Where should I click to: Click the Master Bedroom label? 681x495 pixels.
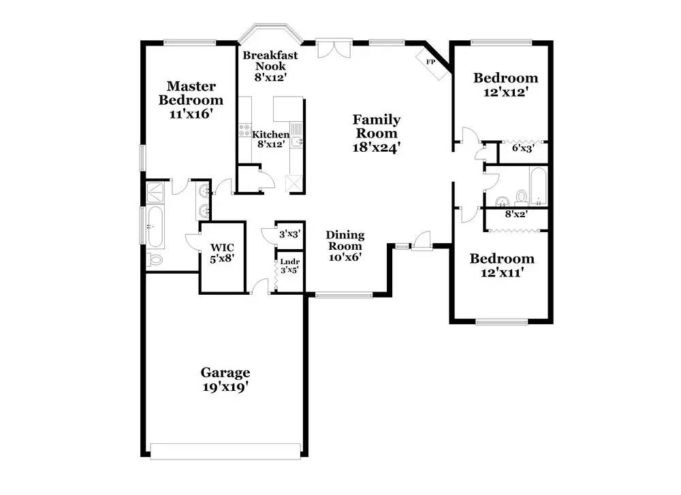(x=191, y=99)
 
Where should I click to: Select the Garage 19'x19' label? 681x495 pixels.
(x=225, y=379)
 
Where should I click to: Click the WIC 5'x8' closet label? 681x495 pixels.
(x=222, y=253)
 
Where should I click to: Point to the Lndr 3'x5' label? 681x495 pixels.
(x=289, y=266)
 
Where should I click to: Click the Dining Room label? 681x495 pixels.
(x=345, y=246)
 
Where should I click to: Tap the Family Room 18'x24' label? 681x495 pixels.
(x=376, y=133)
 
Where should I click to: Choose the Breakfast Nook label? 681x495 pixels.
(x=270, y=66)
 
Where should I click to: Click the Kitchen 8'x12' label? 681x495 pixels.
(x=270, y=139)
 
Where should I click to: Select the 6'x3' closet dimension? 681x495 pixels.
(x=523, y=148)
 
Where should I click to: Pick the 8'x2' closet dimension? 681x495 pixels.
(x=516, y=214)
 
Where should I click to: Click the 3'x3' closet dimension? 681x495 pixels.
(x=289, y=234)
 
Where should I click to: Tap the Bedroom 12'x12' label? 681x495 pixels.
(x=505, y=84)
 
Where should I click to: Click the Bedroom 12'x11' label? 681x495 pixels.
(x=502, y=266)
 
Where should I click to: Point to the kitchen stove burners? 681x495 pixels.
(x=245, y=131)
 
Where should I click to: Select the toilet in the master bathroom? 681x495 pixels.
(x=154, y=259)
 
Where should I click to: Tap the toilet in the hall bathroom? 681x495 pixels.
(x=521, y=197)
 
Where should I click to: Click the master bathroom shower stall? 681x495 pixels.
(x=155, y=193)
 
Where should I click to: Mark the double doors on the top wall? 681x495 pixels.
(x=334, y=48)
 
